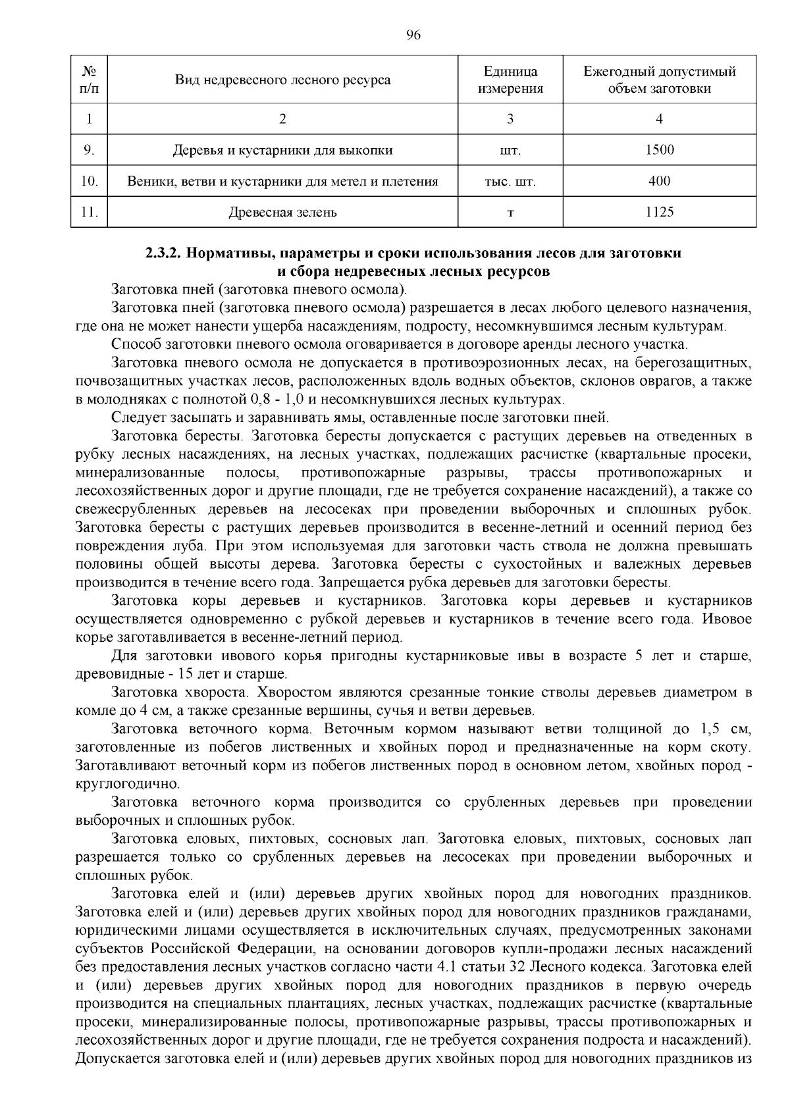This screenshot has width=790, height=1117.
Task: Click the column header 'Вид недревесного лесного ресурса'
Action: click(282, 80)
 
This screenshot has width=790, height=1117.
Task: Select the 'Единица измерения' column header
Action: click(510, 80)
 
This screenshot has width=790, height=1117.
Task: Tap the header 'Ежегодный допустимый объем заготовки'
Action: click(659, 80)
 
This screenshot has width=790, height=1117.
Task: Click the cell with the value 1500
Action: click(659, 150)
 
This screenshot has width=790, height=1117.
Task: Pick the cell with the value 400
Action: click(659, 181)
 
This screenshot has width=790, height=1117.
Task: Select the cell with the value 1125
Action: click(659, 212)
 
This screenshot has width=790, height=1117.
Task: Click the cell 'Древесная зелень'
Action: click(282, 212)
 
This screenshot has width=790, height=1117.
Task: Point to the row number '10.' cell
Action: click(89, 181)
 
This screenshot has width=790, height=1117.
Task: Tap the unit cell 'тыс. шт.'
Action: click(510, 182)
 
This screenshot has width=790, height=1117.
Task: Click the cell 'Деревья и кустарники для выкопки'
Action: click(282, 150)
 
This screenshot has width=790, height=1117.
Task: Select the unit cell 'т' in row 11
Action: click(510, 213)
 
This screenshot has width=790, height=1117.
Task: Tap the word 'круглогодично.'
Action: click(118, 784)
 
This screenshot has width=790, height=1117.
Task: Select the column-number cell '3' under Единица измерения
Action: click(510, 119)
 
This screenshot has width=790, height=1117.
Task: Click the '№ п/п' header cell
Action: click(89, 80)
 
